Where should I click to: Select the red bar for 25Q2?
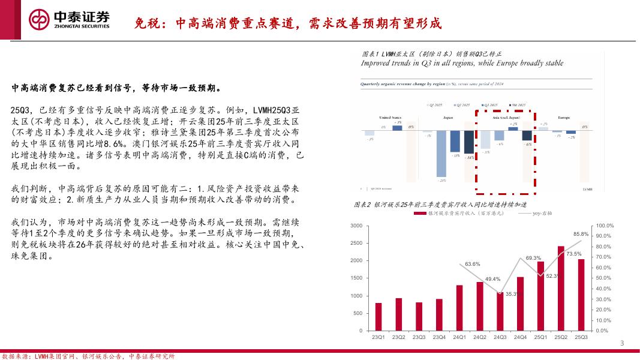coord(560,288)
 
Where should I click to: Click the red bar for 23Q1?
coord(378,316)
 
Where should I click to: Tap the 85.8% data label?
coord(581,234)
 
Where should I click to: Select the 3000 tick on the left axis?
coord(357,226)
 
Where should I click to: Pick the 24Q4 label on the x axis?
coord(520,338)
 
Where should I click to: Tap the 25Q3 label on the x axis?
coord(581,338)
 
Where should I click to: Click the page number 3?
coord(621,344)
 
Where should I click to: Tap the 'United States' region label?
coord(390,118)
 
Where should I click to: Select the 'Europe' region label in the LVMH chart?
coord(564,118)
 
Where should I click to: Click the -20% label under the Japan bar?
coord(442,180)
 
